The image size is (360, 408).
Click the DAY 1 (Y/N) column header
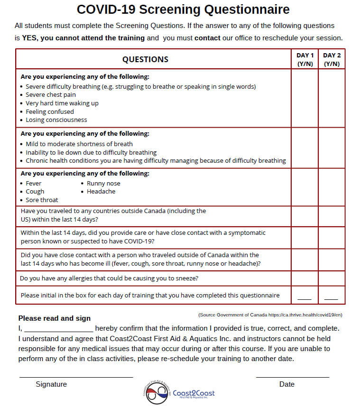[x=305, y=59]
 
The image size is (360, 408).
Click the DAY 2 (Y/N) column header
[x=332, y=59]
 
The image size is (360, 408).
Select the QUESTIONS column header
[x=145, y=59]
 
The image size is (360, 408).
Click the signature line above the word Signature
[x=76, y=377]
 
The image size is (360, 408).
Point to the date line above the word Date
[x=292, y=377]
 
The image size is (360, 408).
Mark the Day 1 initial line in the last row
[x=305, y=299]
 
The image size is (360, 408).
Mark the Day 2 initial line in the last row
[x=331, y=299]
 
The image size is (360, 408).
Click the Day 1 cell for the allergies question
[x=305, y=278]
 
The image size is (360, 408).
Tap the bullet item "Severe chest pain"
[x=50, y=95]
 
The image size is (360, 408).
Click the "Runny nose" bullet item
[x=103, y=183]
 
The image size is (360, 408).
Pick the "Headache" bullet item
[x=101, y=192]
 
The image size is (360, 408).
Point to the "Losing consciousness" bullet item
[x=56, y=120]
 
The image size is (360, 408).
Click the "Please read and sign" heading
[x=54, y=318]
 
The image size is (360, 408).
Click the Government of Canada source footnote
[x=270, y=315]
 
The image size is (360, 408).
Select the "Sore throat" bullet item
[x=42, y=200]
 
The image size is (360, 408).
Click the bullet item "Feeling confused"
[x=49, y=111]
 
